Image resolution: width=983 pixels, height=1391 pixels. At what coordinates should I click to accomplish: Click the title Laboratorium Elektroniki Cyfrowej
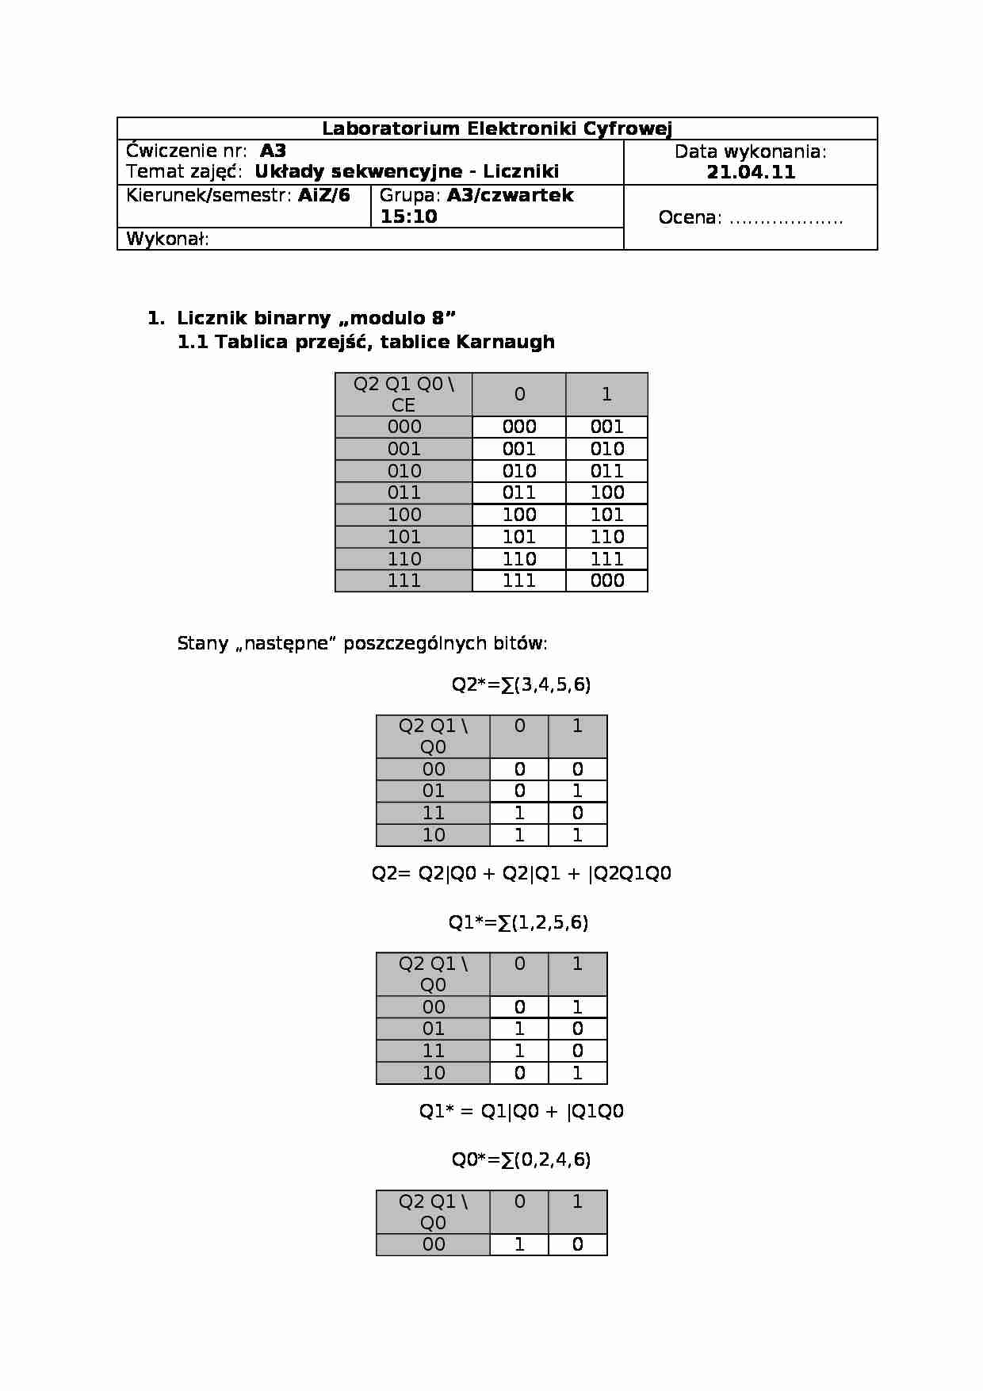tap(497, 128)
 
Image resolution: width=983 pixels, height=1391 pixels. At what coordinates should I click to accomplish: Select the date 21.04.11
tap(750, 173)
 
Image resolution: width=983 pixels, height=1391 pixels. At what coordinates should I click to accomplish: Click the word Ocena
tap(689, 218)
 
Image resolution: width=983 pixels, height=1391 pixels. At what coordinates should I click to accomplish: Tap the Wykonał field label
tap(167, 239)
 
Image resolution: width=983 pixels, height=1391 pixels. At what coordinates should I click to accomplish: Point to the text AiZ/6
tap(323, 195)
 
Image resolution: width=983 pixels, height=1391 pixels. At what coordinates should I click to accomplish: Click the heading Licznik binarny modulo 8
tap(316, 318)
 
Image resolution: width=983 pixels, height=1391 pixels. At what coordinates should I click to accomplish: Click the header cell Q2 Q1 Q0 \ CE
tap(404, 394)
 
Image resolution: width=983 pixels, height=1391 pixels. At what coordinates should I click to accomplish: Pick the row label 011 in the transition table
tap(404, 492)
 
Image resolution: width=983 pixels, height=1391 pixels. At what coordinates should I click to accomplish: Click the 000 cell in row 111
tap(606, 581)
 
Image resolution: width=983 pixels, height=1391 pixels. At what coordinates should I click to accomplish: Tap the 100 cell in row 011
tap(606, 492)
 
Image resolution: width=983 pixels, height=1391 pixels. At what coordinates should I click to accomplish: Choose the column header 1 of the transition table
tap(606, 394)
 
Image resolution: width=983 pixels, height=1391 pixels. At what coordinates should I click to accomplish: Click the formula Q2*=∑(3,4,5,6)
tap(521, 684)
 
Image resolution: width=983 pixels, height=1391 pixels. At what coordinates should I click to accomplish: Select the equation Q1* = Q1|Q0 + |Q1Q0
tap(521, 1111)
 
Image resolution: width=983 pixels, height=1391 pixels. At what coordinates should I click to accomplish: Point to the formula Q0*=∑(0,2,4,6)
tap(521, 1159)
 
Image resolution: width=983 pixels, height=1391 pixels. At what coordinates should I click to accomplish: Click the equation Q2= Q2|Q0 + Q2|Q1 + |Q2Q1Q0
tap(521, 873)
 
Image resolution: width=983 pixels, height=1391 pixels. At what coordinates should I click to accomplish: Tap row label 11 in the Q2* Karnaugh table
tap(433, 813)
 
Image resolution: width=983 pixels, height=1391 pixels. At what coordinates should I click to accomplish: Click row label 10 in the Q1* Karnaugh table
tap(433, 1073)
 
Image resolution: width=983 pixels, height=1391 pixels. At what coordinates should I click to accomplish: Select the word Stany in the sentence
tap(203, 643)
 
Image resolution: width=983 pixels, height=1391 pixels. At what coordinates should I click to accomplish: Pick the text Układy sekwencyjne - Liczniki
tap(406, 172)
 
